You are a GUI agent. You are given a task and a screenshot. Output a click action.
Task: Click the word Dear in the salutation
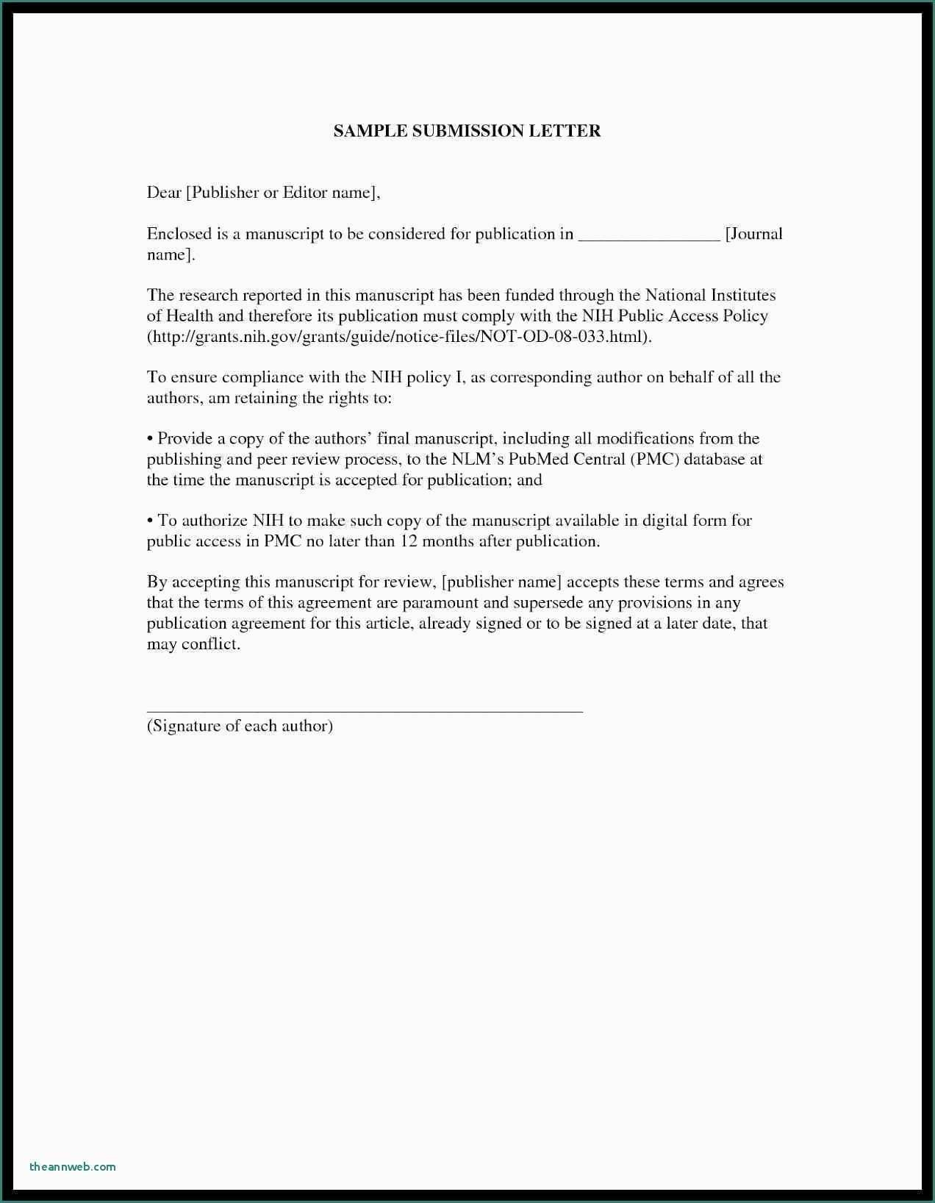pyautogui.click(x=164, y=193)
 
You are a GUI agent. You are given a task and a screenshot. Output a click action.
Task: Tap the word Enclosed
pyautogui.click(x=179, y=234)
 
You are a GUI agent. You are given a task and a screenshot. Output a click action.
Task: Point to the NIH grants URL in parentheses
pyautogui.click(x=399, y=337)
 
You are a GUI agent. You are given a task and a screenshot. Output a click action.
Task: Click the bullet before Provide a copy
pyautogui.click(x=150, y=439)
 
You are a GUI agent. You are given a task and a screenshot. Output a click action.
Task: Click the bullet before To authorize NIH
pyautogui.click(x=150, y=521)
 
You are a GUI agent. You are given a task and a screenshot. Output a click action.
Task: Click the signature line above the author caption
pyautogui.click(x=365, y=711)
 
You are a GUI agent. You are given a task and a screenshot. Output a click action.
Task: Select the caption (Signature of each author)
pyautogui.click(x=240, y=727)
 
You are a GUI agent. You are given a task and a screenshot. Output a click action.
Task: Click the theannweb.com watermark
pyautogui.click(x=73, y=1166)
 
